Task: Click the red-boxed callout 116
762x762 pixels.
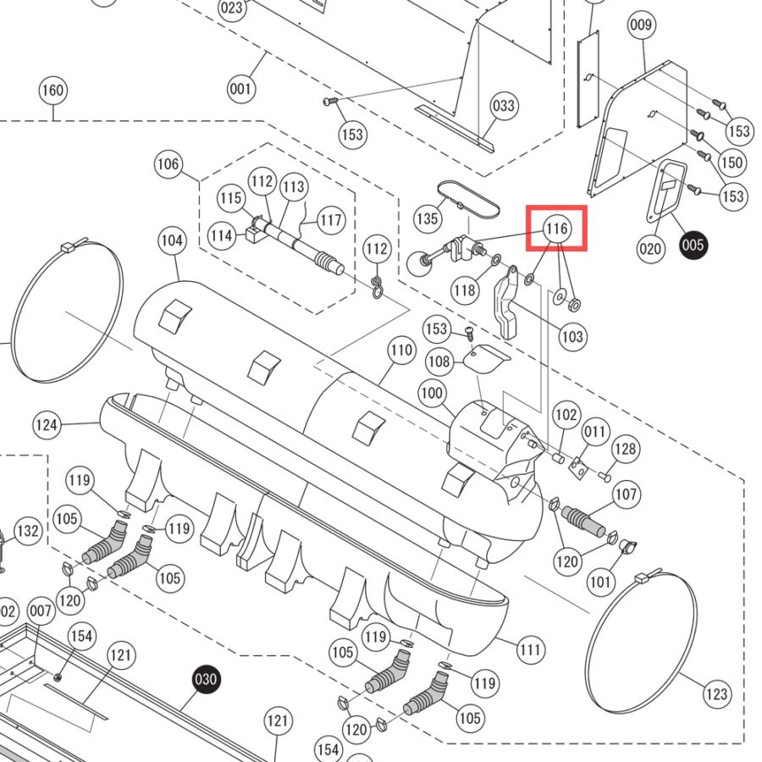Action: (x=556, y=228)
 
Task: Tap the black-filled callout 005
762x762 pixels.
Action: (x=693, y=245)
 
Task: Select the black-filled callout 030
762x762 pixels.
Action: (x=206, y=678)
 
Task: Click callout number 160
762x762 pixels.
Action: (x=52, y=91)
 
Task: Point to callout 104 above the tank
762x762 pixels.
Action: (x=172, y=240)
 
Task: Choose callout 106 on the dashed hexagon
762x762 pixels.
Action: (x=168, y=163)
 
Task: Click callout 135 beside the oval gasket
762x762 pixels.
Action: (x=428, y=218)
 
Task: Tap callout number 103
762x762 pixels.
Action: (x=572, y=336)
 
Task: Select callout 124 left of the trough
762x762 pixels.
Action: (x=47, y=425)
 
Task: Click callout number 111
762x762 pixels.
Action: (x=530, y=649)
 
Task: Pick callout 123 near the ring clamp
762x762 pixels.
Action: (x=717, y=694)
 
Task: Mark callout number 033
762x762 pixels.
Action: (x=504, y=106)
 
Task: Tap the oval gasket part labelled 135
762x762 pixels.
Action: (x=468, y=198)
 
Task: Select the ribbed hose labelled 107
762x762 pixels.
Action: (x=583, y=521)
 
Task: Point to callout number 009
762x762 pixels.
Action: (x=641, y=25)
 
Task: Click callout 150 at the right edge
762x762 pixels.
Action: (x=732, y=163)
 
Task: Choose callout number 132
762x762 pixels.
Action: (x=28, y=530)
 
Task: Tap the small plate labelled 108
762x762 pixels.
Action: (x=485, y=358)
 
